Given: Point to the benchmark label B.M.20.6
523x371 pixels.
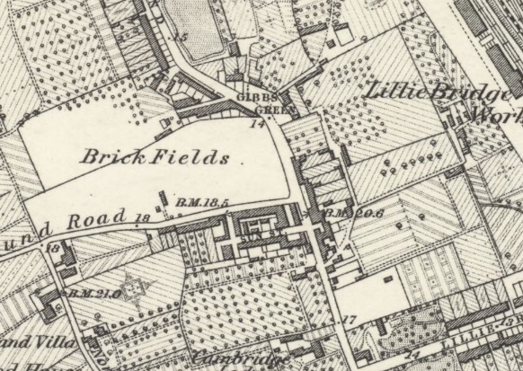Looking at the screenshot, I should (341, 213).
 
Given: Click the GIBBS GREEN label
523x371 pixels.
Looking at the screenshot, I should (254, 103).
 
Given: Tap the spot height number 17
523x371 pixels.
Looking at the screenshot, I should (350, 319).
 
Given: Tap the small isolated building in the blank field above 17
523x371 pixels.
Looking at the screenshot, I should (393, 277).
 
